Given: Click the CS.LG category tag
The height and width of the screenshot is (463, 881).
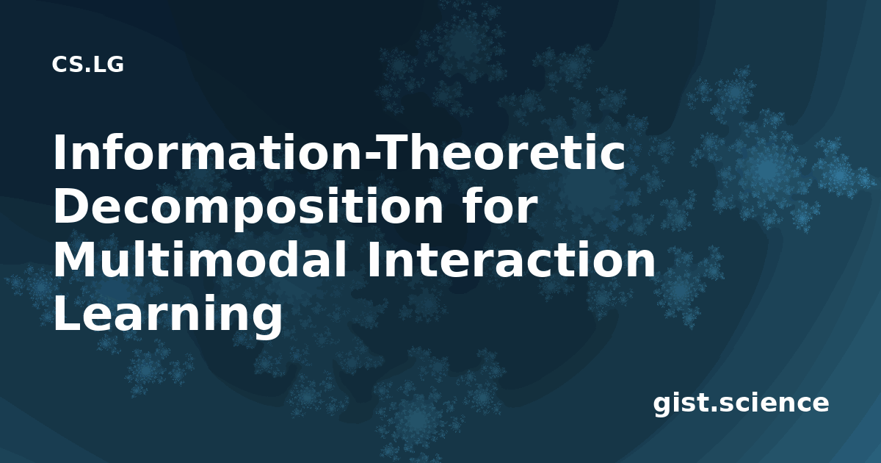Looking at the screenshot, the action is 87,65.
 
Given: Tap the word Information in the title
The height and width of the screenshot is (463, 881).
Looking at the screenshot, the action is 209,153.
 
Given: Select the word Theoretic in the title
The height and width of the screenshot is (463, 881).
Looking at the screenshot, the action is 501,153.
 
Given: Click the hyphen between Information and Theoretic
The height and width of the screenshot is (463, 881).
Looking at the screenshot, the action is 371,157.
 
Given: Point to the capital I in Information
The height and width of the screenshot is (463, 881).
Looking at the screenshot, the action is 59,153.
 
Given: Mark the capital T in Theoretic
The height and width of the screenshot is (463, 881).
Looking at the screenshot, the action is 394,153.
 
